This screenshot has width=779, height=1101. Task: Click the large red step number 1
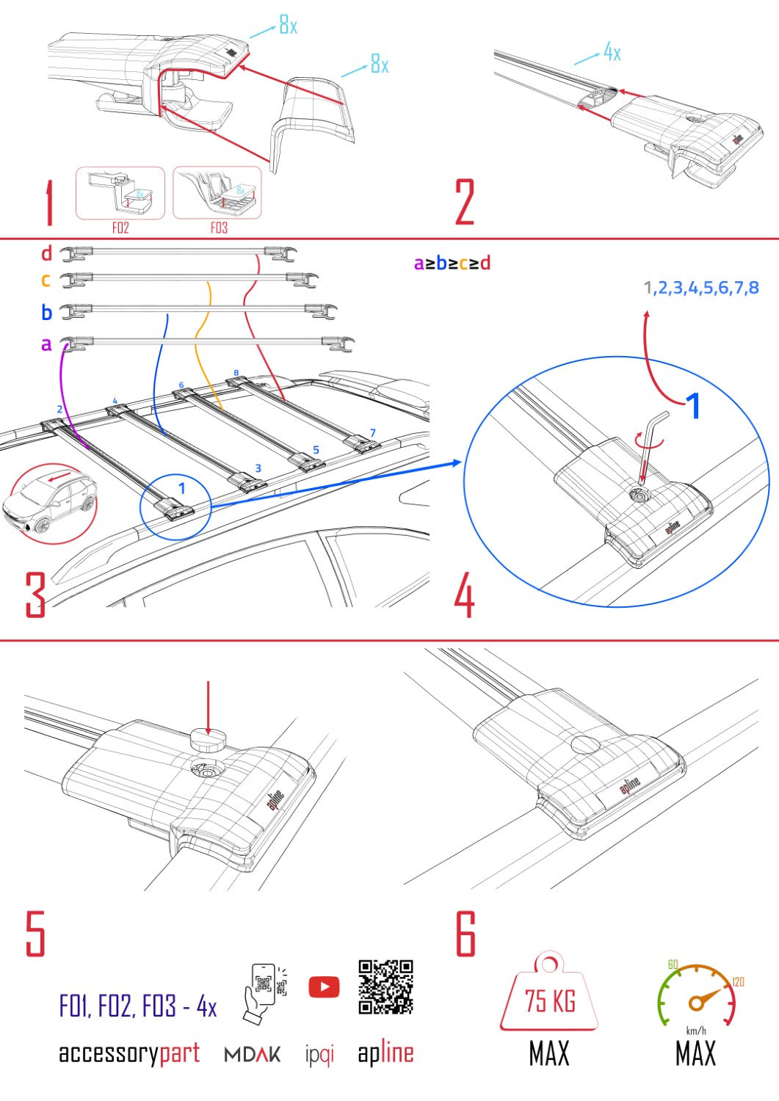[48, 204]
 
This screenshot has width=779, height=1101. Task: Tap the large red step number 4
[464, 595]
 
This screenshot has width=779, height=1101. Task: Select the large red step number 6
[465, 934]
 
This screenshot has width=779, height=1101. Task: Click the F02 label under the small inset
[120, 228]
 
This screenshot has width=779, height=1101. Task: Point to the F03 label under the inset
[219, 228]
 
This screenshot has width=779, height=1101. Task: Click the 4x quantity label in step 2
[612, 52]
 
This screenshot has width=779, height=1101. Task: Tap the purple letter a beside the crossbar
[46, 344]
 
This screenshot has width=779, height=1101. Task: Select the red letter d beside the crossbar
[46, 254]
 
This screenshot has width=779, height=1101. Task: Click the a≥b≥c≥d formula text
[452, 264]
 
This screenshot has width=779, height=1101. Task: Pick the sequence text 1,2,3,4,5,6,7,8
[701, 288]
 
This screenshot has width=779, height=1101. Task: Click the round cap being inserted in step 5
[209, 740]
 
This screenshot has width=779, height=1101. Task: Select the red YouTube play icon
[324, 987]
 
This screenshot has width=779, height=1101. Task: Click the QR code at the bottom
[385, 987]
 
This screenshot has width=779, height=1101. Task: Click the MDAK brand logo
[252, 1055]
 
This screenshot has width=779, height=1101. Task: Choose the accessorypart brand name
[129, 1053]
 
